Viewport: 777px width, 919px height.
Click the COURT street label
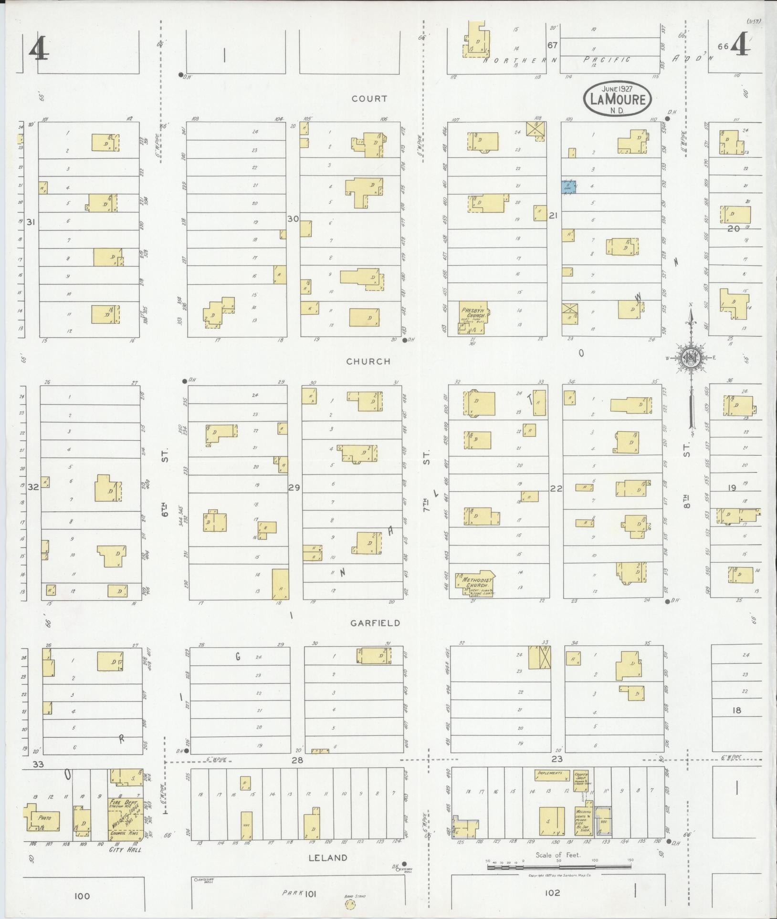[x=369, y=99]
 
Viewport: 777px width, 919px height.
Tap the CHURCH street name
[x=368, y=361]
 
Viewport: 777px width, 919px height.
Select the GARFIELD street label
[x=375, y=623]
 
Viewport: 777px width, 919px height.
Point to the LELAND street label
[x=327, y=857]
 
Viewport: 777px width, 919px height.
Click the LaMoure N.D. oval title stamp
[x=617, y=98]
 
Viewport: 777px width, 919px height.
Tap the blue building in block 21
[x=568, y=186]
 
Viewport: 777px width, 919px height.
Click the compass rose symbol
[x=690, y=358]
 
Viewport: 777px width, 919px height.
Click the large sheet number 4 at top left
[x=39, y=50]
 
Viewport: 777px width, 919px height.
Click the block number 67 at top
[x=552, y=45]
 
